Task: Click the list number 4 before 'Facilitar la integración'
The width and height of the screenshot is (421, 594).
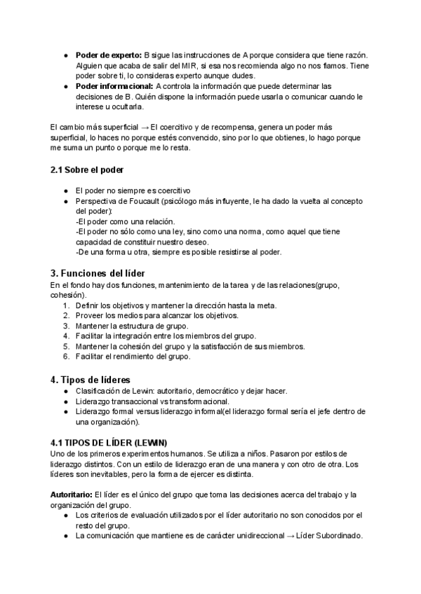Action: tap(65, 336)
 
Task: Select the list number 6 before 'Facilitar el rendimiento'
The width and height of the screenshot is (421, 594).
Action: tap(65, 357)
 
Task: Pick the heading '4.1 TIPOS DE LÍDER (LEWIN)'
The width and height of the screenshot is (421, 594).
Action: tap(109, 443)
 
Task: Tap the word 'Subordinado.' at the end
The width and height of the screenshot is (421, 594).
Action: tap(340, 536)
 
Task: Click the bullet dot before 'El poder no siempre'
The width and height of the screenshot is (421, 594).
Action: tap(65, 191)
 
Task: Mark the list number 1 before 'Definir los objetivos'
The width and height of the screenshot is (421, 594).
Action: tap(65, 305)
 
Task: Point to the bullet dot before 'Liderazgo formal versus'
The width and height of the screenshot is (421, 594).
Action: tap(65, 412)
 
